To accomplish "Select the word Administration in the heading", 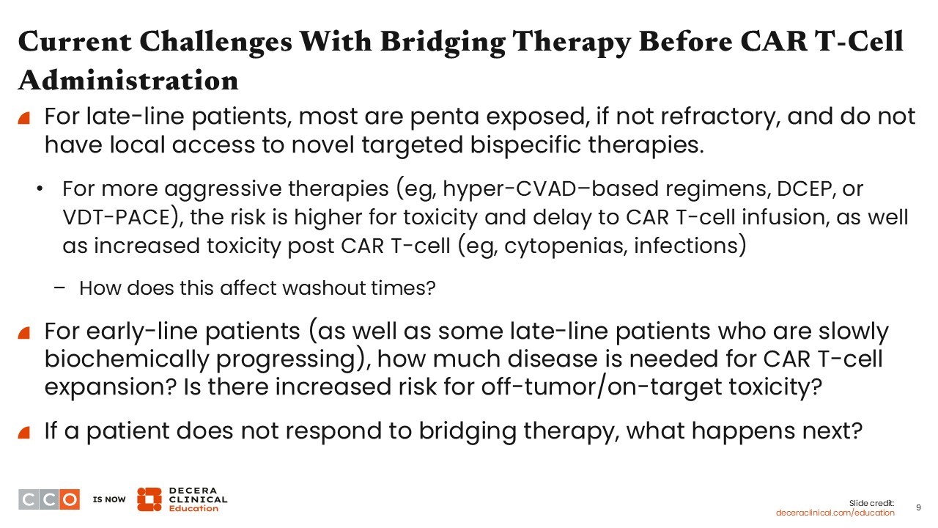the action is (128, 80).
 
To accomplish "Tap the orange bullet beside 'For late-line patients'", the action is (24, 118).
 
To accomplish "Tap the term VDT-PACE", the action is (116, 218).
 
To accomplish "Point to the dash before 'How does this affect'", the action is (59, 288).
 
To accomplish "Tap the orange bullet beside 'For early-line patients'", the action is (24, 333).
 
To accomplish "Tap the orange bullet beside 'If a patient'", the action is (24, 433).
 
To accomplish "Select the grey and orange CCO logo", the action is (49, 499).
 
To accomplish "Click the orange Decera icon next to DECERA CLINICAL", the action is (149, 499).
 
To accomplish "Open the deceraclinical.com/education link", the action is (835, 513).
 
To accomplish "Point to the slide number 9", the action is (918, 508).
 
